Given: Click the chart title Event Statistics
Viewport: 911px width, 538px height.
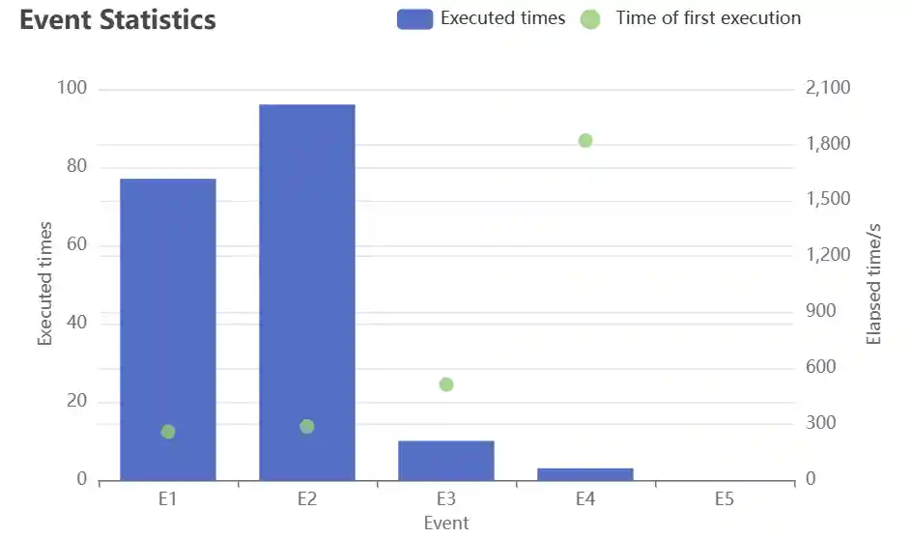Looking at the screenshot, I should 118,20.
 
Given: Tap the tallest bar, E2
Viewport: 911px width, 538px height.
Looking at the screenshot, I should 307,290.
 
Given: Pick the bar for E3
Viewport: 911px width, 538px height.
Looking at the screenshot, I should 446,461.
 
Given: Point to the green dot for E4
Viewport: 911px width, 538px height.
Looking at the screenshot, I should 585,141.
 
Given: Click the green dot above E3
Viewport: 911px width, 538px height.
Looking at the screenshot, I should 446,384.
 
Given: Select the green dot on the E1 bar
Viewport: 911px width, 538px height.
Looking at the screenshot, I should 168,432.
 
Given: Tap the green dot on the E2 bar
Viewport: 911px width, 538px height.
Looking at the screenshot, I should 307,427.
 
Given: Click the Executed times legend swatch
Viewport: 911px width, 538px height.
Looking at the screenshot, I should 414,18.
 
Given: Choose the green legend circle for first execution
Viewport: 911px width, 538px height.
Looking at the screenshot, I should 590,18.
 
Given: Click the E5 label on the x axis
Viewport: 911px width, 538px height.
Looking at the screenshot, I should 725,499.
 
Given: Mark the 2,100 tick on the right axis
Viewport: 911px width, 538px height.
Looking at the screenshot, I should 827,89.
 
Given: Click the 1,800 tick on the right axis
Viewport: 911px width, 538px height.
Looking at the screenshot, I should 827,145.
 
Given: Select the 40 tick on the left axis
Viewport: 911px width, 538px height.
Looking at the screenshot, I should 75,323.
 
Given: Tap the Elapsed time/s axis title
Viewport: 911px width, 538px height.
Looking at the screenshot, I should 874,283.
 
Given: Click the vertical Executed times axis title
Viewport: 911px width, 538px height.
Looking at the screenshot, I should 45,283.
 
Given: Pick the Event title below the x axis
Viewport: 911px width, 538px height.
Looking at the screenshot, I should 446,523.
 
